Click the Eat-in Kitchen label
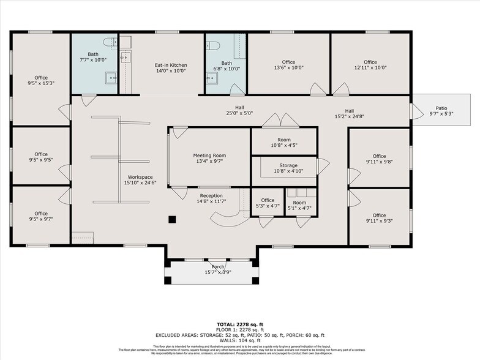coord(170,66)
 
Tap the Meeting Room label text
coord(209,156)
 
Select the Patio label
coord(441,107)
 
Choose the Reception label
coord(211,195)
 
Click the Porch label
coord(218,267)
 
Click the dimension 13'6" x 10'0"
coord(288,69)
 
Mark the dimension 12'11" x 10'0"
coord(370,69)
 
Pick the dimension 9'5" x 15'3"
coord(41,83)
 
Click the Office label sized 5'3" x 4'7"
coord(268,200)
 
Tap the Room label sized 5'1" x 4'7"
coord(299,203)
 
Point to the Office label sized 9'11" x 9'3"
coord(379,216)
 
